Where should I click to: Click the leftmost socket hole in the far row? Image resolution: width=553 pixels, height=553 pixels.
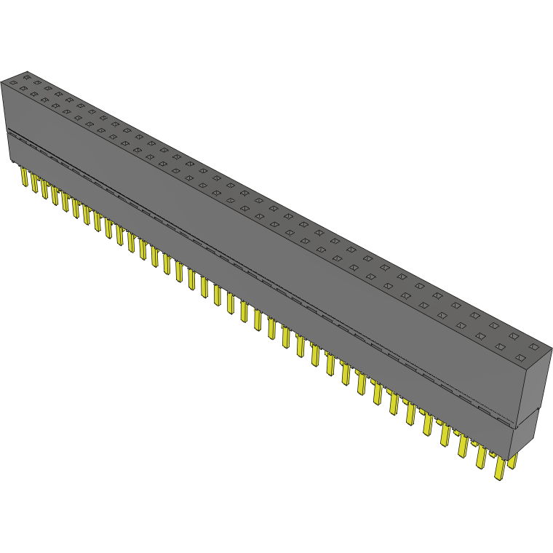pyautogui.click(x=27, y=75)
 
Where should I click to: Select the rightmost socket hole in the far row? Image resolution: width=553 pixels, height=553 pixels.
pyautogui.click(x=533, y=346)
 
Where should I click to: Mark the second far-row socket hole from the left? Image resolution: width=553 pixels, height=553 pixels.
pyautogui.click(x=37, y=81)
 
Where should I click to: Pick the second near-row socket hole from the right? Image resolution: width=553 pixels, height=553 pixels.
pyautogui.click(x=501, y=347)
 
